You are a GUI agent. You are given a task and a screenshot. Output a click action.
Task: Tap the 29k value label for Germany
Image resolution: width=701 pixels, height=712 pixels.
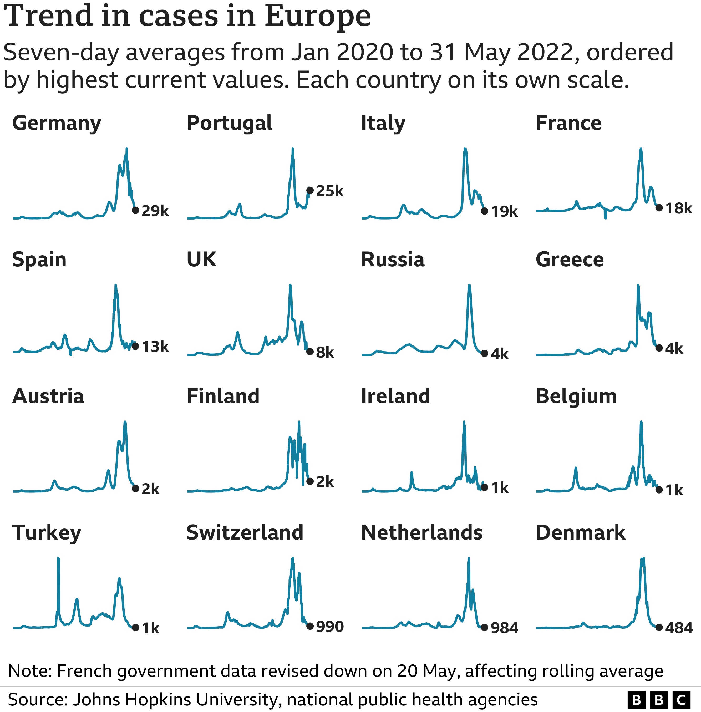coord(155,211)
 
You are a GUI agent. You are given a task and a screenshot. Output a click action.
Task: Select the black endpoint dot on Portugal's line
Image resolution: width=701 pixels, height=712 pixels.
coord(310,190)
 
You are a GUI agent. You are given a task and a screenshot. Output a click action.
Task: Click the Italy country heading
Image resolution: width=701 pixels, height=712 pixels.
coord(383,123)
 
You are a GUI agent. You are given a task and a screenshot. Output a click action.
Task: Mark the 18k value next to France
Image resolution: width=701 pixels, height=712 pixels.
coord(679,208)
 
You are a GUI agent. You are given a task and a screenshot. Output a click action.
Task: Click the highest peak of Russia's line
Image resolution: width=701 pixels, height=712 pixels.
coord(469,286)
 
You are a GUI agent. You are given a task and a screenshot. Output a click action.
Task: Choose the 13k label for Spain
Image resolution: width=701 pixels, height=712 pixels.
coord(155,347)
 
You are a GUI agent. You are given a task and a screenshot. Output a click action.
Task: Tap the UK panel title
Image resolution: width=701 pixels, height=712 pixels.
coord(201,260)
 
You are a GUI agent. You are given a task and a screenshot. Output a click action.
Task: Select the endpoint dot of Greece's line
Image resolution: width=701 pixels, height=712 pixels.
coord(659,348)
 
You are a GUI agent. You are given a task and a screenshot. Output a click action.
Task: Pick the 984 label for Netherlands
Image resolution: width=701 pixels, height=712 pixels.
coord(504,628)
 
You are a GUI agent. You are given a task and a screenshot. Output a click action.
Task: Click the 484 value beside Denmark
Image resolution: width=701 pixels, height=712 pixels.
coord(679,628)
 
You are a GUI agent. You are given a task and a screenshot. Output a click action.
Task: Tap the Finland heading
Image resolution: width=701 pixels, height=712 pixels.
coord(223,396)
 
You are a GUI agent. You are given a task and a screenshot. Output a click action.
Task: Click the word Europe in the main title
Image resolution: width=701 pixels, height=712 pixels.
coord(317,17)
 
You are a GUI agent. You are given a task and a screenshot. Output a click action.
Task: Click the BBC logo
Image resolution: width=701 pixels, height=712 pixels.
coord(658,699)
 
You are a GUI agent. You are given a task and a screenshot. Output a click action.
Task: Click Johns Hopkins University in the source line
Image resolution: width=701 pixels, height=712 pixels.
coord(175,699)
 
